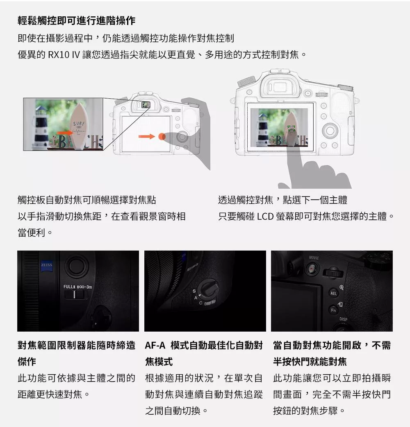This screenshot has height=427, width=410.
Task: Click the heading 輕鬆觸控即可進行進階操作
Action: tap(76, 20)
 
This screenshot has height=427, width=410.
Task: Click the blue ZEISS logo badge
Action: tap(46, 267)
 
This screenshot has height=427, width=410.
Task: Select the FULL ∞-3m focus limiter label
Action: tap(77, 286)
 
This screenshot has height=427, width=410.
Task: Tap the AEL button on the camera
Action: tap(333, 294)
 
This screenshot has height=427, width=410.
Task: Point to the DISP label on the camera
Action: tap(343, 319)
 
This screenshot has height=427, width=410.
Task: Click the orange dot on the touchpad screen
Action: tap(162, 136)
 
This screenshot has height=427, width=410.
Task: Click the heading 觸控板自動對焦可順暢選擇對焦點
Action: tap(87, 200)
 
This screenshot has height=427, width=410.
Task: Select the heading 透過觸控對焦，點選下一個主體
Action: tap(282, 200)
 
